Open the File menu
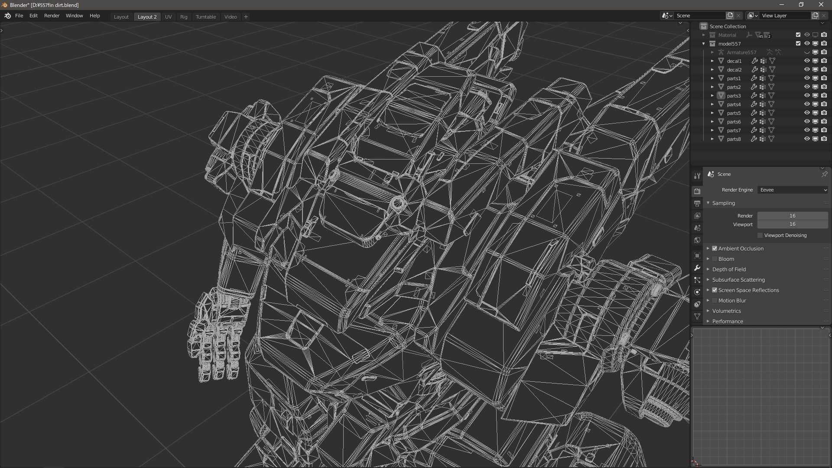pos(19,16)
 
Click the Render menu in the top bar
pos(52,16)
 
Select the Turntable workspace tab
pos(205,17)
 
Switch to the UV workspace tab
pos(168,17)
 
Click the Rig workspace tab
pos(184,17)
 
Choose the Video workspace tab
pos(231,17)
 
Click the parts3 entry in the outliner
pos(734,96)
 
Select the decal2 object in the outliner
pos(734,70)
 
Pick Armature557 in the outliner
pos(741,52)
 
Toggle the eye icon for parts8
pos(807,139)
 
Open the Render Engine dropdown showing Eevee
pos(793,190)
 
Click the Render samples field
pos(792,216)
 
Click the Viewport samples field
pos(792,224)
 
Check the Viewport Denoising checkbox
pos(760,235)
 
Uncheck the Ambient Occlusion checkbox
pos(715,248)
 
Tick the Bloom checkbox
pos(715,259)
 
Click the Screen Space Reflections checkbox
pos(715,290)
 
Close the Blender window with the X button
pos(821,5)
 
